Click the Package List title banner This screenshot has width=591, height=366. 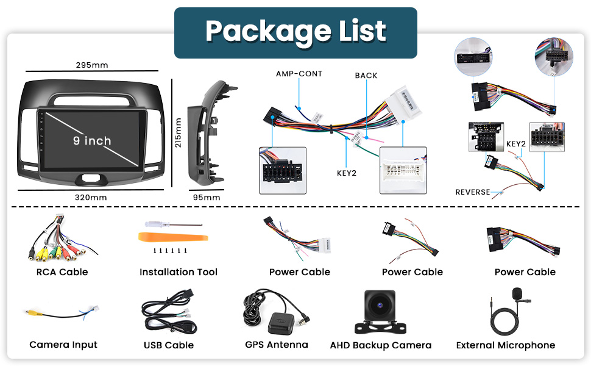(295, 32)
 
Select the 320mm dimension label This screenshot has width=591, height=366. (91, 197)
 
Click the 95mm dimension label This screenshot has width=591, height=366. (207, 197)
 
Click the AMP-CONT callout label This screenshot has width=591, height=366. (299, 74)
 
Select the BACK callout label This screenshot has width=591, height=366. (366, 76)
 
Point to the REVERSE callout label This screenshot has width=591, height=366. (473, 192)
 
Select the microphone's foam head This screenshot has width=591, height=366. (518, 295)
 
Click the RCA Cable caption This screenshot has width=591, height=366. (62, 272)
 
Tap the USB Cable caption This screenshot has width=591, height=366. (169, 345)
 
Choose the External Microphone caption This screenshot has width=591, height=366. (506, 345)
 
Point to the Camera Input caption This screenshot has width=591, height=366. (63, 345)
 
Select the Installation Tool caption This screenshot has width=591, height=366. (179, 272)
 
